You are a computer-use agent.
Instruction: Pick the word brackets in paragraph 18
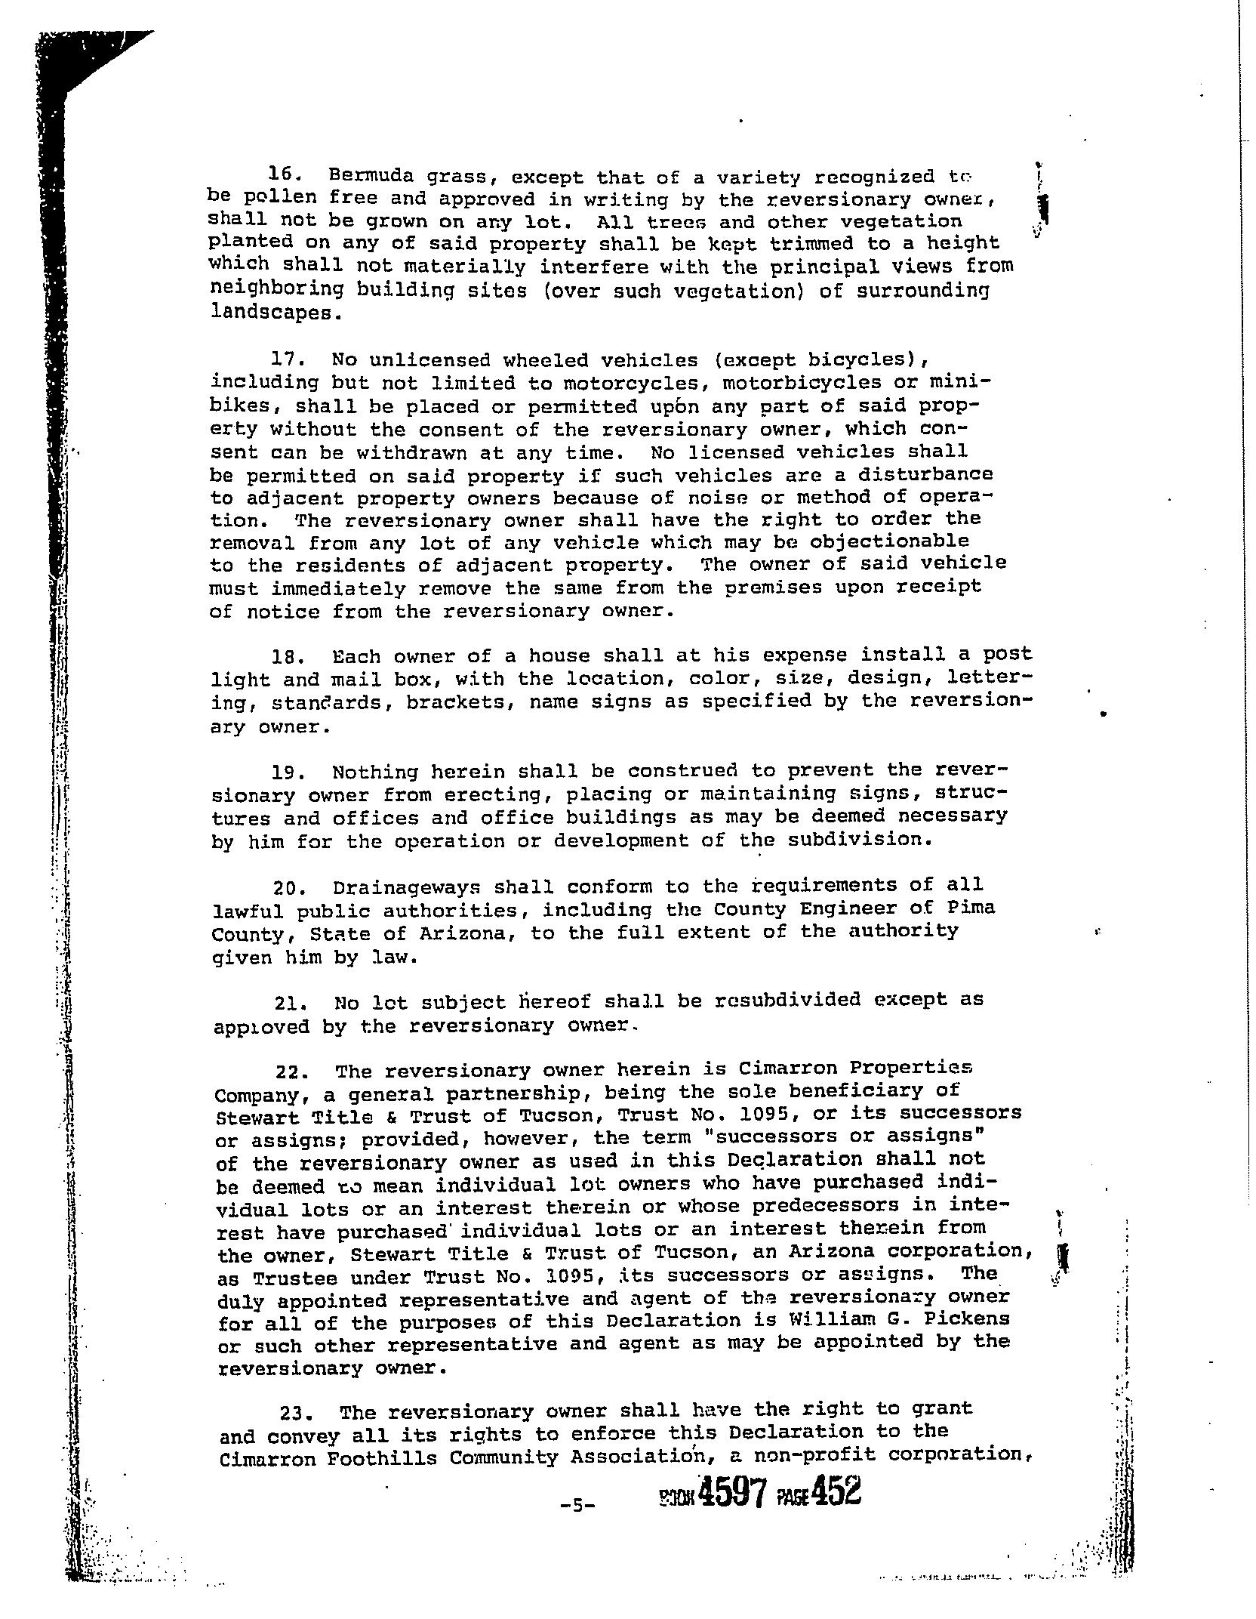click(460, 702)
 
